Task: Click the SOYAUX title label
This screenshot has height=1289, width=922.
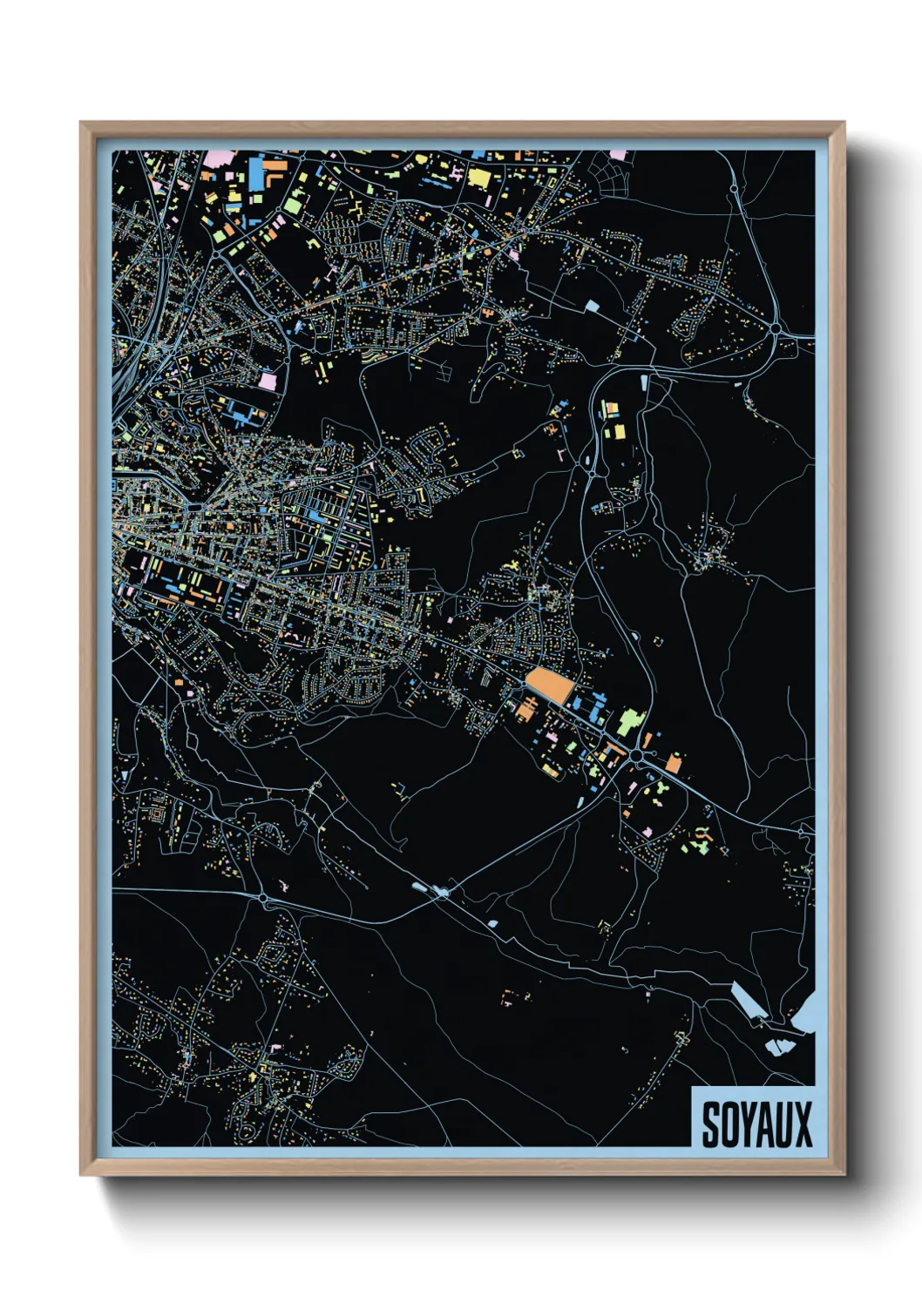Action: click(756, 1124)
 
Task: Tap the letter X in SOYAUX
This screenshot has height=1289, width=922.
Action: click(802, 1124)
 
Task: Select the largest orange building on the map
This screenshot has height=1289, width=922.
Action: click(550, 685)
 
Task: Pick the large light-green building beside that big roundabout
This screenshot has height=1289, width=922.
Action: click(629, 721)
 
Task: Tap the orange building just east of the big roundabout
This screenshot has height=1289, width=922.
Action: click(673, 764)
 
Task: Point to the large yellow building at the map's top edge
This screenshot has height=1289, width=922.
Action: click(478, 178)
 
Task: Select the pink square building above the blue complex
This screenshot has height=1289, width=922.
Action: click(267, 381)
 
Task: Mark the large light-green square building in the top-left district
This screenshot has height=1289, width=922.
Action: click(293, 205)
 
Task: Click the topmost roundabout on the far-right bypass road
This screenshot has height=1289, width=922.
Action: click(734, 187)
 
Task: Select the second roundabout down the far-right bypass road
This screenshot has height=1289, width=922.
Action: click(775, 327)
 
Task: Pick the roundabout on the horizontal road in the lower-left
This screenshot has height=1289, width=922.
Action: click(262, 896)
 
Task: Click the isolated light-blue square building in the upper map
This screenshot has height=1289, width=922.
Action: click(592, 306)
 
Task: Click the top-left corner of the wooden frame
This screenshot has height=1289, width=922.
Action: click(82, 124)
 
